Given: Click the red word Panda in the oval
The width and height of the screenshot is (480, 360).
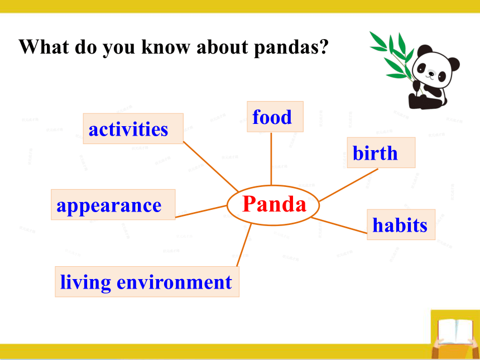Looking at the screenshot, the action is click(x=274, y=204).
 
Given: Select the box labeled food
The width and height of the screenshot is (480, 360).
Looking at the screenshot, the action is click(x=275, y=117).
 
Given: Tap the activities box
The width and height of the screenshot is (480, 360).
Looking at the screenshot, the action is click(x=133, y=128).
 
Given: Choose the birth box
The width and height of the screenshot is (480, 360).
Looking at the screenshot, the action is click(x=381, y=152).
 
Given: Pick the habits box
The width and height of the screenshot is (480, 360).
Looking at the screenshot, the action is click(x=401, y=224).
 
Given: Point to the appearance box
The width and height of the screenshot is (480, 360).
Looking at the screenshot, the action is click(x=113, y=204).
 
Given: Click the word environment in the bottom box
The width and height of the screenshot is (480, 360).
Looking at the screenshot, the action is click(x=174, y=282).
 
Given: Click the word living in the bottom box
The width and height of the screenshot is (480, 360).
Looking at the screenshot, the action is click(x=85, y=283).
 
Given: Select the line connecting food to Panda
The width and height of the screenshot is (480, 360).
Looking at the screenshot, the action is click(x=271, y=159).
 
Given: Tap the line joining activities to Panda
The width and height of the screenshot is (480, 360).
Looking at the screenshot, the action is click(x=210, y=166).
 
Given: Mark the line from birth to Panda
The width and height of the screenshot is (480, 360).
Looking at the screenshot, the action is click(x=348, y=185).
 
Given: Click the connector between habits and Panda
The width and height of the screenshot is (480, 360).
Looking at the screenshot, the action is click(x=339, y=225).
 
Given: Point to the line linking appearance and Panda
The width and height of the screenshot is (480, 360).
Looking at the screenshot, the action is click(x=201, y=212).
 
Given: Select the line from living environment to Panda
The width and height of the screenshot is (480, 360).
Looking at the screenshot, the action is click(x=244, y=245).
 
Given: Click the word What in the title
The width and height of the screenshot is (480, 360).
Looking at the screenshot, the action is click(x=44, y=47).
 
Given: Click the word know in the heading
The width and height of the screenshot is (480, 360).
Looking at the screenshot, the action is click(x=166, y=47).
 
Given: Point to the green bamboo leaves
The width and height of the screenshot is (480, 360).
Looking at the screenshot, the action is click(x=392, y=55).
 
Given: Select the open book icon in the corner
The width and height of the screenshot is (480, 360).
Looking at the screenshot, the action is click(x=455, y=332).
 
